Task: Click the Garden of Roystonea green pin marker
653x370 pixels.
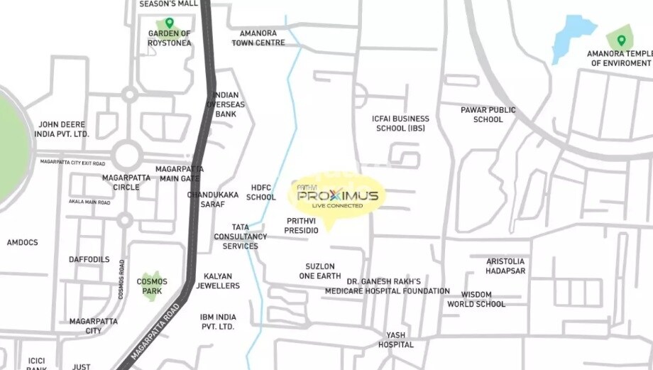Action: coord(169,23)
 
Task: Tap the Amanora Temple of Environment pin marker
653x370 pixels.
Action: coord(621,40)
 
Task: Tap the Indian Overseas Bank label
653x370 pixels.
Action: coord(226,104)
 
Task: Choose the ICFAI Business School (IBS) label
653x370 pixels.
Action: coord(400,124)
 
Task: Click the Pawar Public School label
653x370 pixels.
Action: coord(488,115)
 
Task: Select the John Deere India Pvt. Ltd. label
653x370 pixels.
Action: coord(64,129)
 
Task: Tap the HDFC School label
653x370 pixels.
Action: coord(261,192)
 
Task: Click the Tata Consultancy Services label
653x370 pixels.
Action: coord(241,236)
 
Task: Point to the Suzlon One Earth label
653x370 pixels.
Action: coord(320,271)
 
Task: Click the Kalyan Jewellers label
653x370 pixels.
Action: coord(221,281)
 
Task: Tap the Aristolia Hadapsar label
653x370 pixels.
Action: coord(505,266)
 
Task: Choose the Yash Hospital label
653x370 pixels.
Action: coord(396,339)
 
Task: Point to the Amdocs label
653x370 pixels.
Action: coord(23,243)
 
